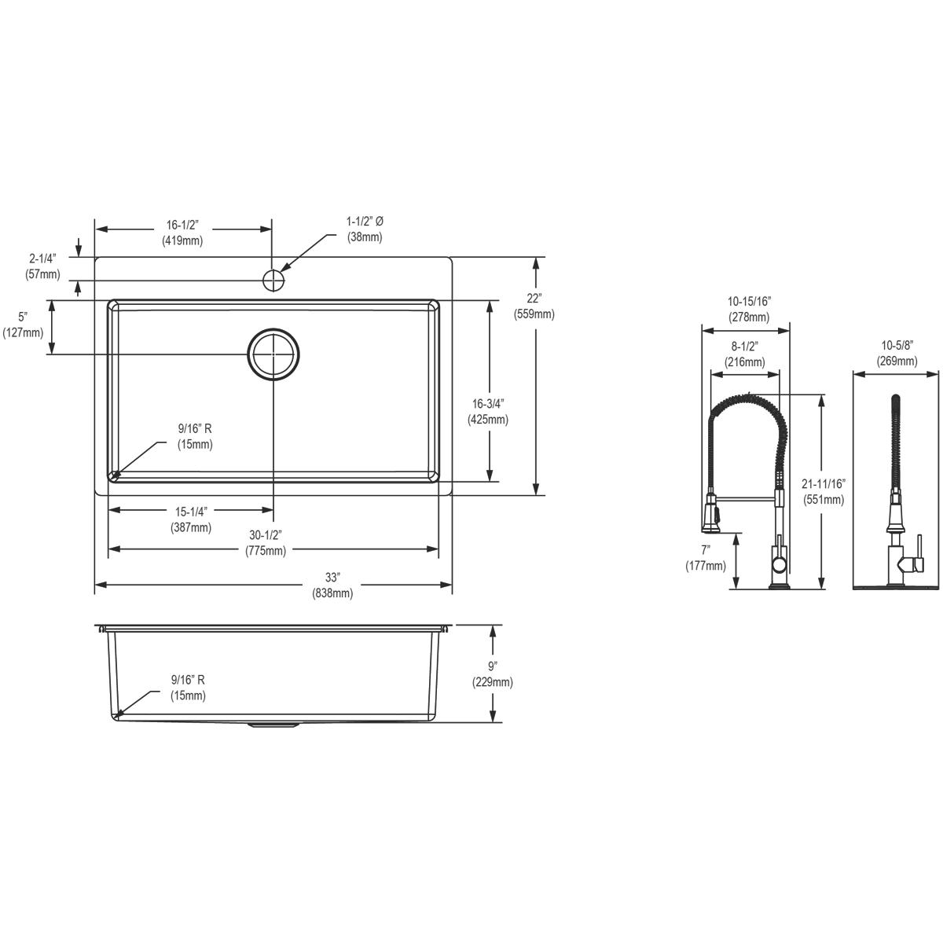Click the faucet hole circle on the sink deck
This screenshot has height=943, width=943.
point(273,280)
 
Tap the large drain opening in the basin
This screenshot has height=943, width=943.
point(273,354)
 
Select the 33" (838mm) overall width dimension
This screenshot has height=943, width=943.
point(332,586)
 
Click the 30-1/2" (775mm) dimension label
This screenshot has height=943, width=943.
point(266,543)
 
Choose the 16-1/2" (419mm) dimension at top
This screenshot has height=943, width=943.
point(182,233)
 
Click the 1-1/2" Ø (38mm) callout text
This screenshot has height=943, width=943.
point(365,229)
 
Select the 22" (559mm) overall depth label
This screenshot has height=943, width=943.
point(534,306)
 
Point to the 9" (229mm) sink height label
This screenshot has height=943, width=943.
point(493,675)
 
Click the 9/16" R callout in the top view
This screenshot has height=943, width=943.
point(195,437)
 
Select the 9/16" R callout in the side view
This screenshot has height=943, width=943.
point(189,688)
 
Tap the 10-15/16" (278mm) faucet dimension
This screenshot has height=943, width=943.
point(748,309)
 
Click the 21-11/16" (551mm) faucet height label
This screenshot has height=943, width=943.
point(824,491)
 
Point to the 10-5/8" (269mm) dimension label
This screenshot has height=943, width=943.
point(897,354)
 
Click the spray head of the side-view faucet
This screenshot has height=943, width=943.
point(712,516)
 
